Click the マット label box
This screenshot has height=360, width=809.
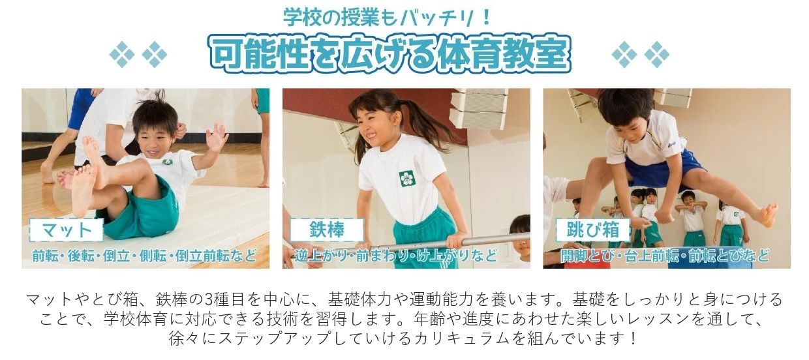[x=66, y=230]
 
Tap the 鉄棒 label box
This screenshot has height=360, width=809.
[x=327, y=230]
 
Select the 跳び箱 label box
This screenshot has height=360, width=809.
[x=592, y=230]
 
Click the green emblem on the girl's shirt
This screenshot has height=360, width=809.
[x=408, y=179]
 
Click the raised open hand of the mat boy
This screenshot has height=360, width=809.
[x=216, y=138]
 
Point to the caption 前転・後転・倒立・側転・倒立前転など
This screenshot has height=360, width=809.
[x=144, y=256]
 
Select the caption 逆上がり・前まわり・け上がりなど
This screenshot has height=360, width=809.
[x=396, y=256]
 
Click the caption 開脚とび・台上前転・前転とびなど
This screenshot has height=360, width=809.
[x=665, y=256]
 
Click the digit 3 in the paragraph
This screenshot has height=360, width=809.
[x=210, y=299]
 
